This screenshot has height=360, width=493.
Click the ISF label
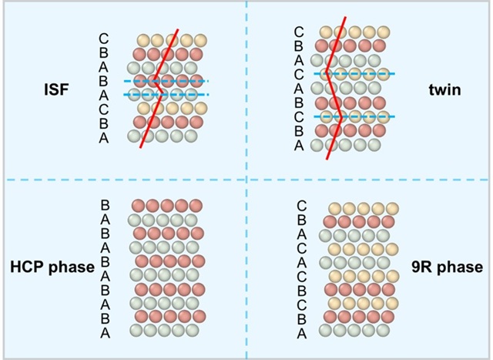click(56, 89)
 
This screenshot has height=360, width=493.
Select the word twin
click(444, 90)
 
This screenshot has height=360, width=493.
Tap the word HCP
click(27, 267)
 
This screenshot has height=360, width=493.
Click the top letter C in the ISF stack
click(104, 39)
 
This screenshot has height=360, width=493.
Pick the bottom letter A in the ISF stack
click(104, 138)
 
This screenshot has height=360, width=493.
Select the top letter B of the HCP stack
click(105, 205)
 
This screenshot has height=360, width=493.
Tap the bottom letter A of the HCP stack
click(105, 332)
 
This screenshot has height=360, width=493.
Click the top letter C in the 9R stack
click(301, 206)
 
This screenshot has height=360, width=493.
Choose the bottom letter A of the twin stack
click(299, 146)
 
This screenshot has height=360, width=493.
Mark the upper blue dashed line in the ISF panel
click(166, 81)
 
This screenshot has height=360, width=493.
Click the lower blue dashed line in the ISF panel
click(166, 94)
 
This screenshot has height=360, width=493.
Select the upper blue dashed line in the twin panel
click(354, 74)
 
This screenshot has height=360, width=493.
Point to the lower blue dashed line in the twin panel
click(354, 116)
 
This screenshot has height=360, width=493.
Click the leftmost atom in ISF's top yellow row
click(144, 41)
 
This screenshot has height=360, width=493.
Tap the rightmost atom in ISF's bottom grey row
click(191, 136)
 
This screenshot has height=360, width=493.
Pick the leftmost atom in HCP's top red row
click(138, 206)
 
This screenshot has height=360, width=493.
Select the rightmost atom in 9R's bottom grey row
click(383, 331)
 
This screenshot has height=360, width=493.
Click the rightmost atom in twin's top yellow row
click(384, 32)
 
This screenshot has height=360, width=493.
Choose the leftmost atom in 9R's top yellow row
click(335, 209)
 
